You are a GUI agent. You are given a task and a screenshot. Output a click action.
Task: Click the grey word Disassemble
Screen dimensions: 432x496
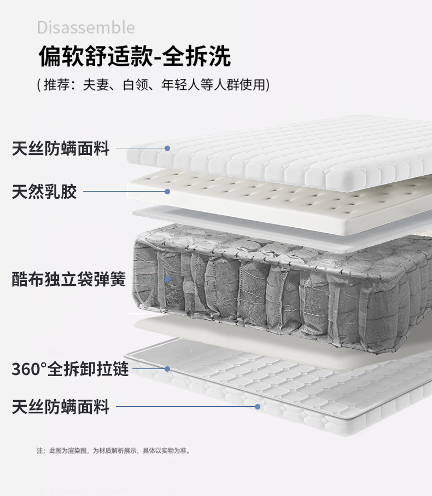pyautogui.click(x=86, y=27)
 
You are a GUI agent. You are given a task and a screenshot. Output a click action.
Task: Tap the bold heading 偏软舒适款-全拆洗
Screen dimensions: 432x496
pyautogui.click(x=135, y=56)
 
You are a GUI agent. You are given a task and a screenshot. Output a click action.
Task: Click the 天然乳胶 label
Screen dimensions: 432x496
pyautogui.click(x=44, y=192)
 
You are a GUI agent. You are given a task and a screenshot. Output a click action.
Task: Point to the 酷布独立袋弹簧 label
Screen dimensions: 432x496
pyautogui.click(x=69, y=279)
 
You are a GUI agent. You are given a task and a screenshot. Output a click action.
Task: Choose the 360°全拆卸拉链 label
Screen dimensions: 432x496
pyautogui.click(x=70, y=369)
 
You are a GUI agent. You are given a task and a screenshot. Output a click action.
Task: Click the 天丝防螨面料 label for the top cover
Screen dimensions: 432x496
pyautogui.click(x=61, y=148)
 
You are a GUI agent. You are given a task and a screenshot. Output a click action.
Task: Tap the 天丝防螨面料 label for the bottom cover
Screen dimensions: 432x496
pyautogui.click(x=61, y=407)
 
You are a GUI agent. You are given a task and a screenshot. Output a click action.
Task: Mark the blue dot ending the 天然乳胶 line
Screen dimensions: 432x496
pyautogui.click(x=167, y=192)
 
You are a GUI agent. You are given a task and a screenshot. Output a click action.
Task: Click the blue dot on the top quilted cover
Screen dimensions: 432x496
pyautogui.click(x=167, y=148)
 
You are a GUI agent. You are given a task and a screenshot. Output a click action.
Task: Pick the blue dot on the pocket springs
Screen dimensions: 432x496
pyautogui.click(x=167, y=279)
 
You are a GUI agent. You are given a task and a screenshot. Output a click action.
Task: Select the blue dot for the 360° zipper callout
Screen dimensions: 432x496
pyautogui.click(x=167, y=369)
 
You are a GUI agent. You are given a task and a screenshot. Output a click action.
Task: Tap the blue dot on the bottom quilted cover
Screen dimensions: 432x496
pyautogui.click(x=257, y=407)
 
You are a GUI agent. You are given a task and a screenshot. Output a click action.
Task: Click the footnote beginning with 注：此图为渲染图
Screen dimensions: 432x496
pyautogui.click(x=113, y=451)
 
